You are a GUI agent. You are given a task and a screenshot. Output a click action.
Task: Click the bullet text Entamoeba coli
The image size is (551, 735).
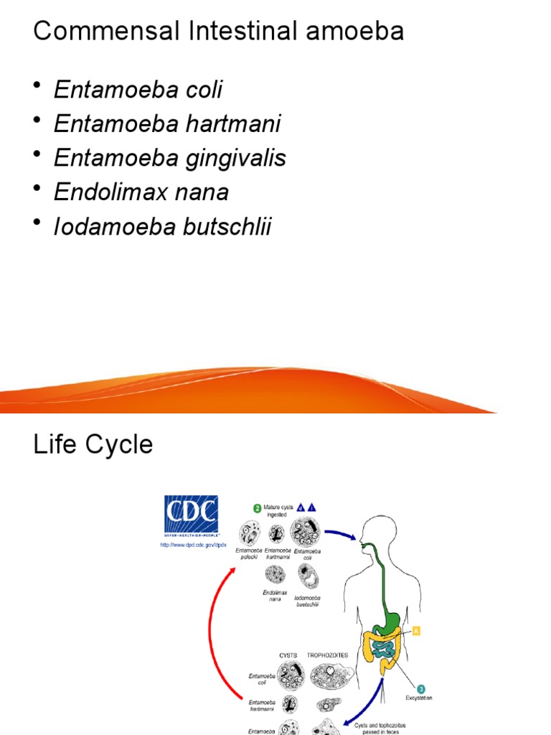138,90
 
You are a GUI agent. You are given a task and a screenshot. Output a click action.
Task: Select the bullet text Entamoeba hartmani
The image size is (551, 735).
167,124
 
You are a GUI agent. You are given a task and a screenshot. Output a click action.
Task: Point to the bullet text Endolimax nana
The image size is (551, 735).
141,192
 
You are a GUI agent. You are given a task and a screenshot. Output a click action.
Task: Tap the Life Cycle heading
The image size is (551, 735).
93,444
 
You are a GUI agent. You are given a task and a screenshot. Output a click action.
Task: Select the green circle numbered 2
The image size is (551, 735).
257,508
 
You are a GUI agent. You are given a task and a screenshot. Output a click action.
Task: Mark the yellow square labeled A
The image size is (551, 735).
416,631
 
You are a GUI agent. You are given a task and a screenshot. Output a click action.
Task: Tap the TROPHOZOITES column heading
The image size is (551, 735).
327,655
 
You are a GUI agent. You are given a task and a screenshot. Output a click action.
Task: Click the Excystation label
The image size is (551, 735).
418,698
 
